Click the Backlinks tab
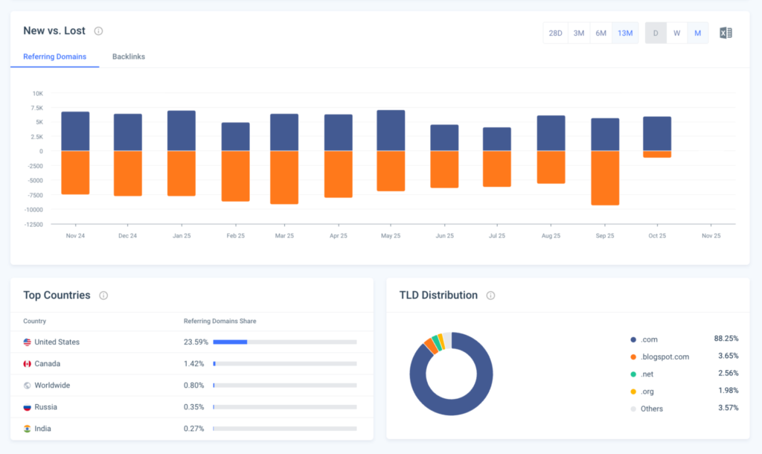point(129,57)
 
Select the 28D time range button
point(555,33)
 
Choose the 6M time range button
point(601,33)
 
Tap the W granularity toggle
point(676,33)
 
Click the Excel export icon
point(726,33)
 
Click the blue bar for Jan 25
point(182,131)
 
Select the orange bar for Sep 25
point(605,178)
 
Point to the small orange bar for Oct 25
point(657,154)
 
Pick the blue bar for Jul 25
point(497,139)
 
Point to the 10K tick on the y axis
point(38,93)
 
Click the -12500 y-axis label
point(33,224)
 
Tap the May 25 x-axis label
point(391,235)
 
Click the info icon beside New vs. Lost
point(98,31)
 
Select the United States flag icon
point(28,342)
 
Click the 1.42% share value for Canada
point(193,364)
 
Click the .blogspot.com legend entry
point(665,357)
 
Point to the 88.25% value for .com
point(726,339)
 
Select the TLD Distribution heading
point(438,295)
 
